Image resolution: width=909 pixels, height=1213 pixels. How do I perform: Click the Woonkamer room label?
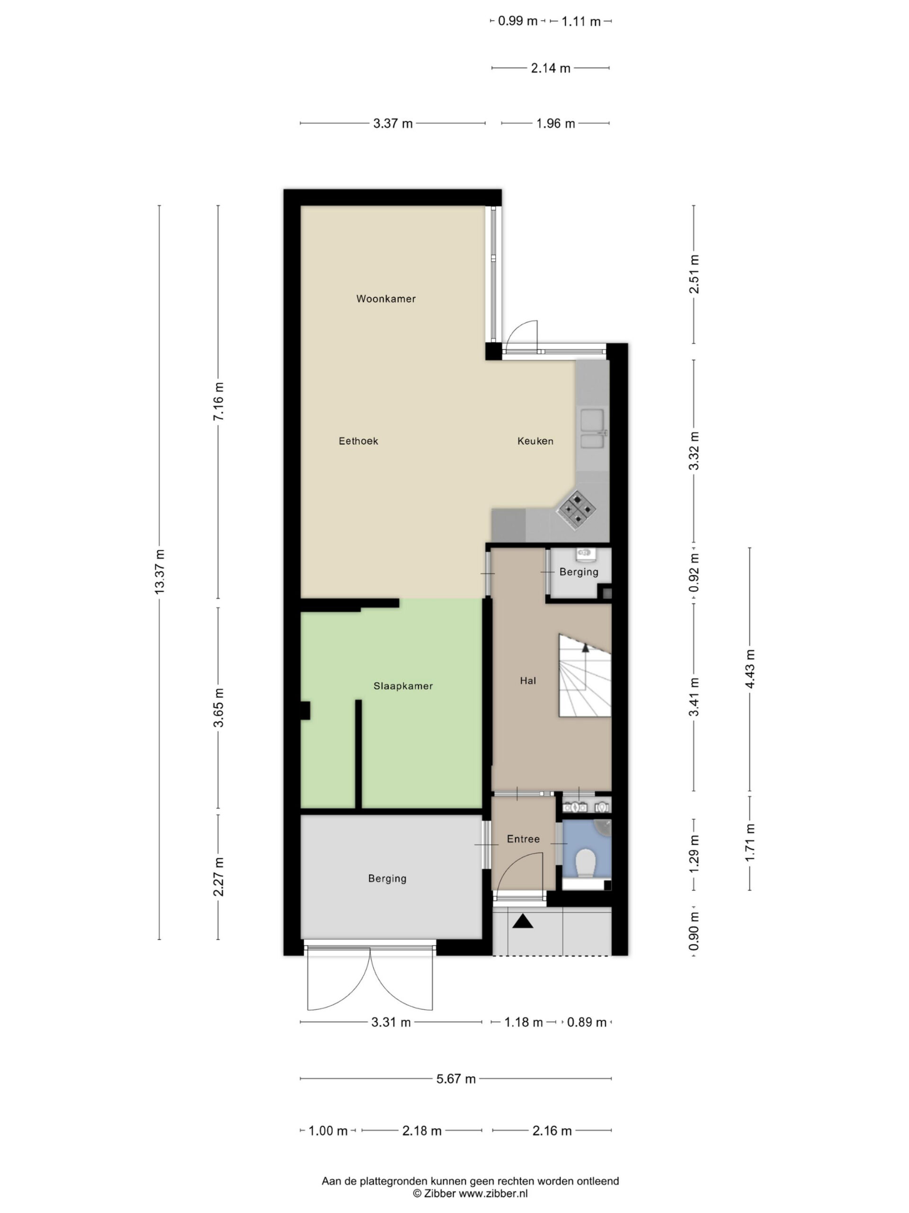[386, 299]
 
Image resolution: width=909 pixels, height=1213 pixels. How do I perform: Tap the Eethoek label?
[358, 441]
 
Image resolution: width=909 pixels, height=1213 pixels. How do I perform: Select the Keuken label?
[535, 441]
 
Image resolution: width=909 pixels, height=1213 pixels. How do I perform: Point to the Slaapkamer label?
[403, 686]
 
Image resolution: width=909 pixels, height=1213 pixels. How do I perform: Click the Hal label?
[528, 680]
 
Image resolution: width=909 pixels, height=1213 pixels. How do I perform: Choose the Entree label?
[523, 839]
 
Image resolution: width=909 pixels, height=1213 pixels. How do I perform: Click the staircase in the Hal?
[585, 676]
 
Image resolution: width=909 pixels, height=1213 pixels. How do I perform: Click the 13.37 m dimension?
[160, 571]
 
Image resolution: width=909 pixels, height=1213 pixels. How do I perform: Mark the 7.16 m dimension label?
[218, 401]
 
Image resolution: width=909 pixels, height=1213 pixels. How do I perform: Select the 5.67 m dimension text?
[456, 1078]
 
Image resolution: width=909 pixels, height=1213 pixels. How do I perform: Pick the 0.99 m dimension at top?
[518, 21]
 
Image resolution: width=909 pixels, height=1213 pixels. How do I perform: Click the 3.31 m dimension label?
[391, 1022]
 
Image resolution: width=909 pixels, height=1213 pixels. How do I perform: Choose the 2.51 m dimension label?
[694, 274]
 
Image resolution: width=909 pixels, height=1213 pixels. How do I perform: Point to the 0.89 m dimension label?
[587, 1022]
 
